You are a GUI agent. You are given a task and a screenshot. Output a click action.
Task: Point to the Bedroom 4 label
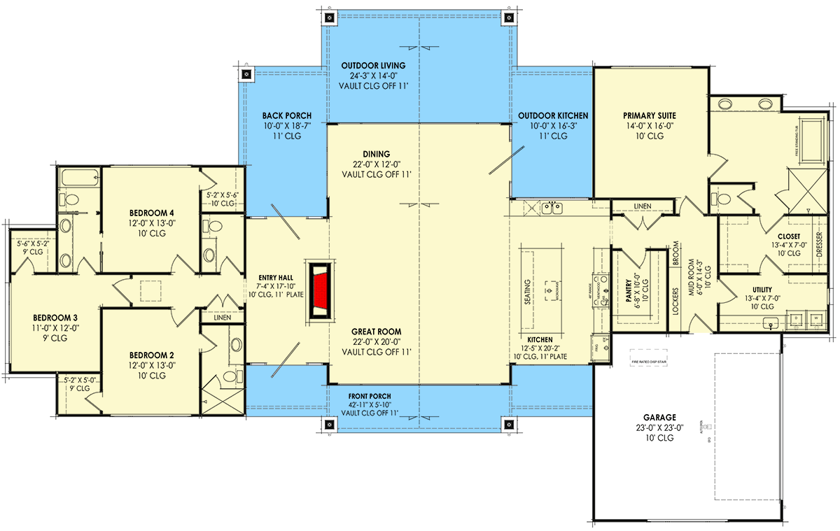point(152,213)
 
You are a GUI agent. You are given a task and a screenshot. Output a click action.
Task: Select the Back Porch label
point(287,115)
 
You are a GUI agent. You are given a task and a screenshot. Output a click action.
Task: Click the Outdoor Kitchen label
point(553,115)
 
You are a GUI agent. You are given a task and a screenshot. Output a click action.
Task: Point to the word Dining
point(376,154)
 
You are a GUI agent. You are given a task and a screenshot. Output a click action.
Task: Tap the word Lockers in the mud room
point(675,301)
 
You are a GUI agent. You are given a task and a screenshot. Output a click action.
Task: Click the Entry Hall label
point(275,278)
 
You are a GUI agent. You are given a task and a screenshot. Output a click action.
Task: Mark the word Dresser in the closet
point(820,245)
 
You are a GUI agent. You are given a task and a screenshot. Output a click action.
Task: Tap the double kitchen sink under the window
point(554,208)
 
